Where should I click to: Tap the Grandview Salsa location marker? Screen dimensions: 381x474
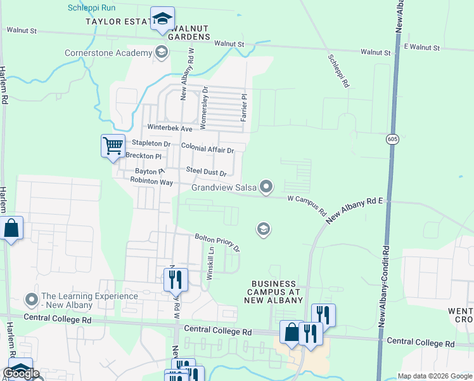point(267,187)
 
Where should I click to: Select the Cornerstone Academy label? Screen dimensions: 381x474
point(108,53)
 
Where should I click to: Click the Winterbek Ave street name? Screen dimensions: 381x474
point(169,128)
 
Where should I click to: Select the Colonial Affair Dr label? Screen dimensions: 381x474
point(208,149)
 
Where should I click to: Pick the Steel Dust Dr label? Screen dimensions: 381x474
point(206,171)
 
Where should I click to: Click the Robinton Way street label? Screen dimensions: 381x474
point(151,182)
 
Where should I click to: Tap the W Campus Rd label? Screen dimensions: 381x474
point(307,204)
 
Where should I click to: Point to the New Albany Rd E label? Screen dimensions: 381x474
point(355,210)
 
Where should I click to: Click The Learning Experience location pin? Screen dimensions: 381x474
point(30,298)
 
